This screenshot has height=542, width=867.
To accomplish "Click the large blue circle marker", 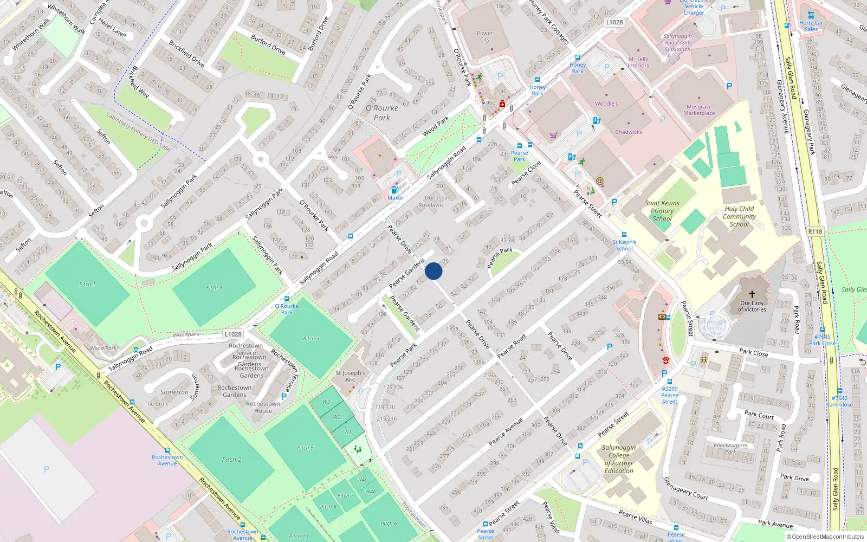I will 433,271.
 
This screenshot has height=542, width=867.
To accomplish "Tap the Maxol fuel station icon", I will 394,190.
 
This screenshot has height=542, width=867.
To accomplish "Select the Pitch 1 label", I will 87,284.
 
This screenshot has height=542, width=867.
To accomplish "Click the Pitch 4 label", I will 214,287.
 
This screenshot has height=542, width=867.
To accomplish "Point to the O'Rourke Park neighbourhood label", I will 381,113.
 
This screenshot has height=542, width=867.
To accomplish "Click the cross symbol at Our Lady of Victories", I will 752,294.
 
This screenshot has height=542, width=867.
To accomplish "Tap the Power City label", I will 484,36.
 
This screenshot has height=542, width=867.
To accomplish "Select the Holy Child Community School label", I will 739,216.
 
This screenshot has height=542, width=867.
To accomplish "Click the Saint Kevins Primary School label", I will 662,211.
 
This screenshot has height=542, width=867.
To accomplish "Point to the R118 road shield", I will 815,231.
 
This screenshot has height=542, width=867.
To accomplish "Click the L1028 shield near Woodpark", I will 233,334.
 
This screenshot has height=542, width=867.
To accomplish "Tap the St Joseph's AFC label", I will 351,376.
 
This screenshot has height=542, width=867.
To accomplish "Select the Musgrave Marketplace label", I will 699,110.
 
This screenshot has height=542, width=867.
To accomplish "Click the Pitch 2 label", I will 231,460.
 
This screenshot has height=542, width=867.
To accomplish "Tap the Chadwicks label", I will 629,132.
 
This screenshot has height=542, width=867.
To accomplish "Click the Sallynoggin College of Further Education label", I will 619,459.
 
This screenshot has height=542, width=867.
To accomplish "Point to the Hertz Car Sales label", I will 811,26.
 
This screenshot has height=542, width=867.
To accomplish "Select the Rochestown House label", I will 263,407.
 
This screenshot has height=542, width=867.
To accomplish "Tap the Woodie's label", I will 606,104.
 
